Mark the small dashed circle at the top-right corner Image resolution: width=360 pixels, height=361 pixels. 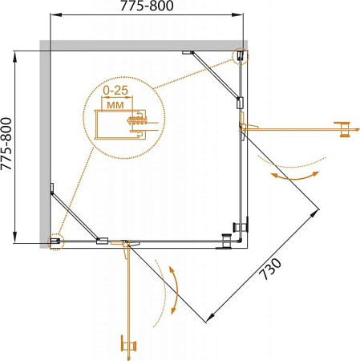click(240, 55)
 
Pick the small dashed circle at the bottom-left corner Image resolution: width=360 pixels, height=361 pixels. click(55, 241)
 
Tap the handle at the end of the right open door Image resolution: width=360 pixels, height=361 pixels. click(346, 128)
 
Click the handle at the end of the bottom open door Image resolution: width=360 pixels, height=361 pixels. click(126, 344)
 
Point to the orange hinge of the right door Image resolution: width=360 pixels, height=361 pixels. click(242, 123)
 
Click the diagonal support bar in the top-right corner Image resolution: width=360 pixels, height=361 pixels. click(217, 76)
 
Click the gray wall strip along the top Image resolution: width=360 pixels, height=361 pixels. click(144, 44)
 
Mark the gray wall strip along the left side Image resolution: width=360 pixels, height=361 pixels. click(44, 144)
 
